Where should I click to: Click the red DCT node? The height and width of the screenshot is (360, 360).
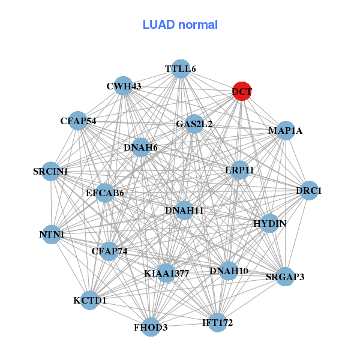click(242, 91)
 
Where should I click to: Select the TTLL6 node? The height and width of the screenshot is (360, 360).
click(181, 69)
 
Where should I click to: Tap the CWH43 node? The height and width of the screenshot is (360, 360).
click(123, 86)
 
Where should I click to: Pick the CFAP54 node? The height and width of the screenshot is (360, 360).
click(78, 121)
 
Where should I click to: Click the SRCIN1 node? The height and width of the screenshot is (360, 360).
click(52, 172)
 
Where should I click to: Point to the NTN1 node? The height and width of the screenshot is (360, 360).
click(52, 234)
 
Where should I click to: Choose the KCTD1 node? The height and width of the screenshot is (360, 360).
click(89, 299)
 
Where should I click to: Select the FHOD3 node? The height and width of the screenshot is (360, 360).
click(151, 327)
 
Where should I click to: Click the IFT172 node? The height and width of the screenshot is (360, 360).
click(217, 323)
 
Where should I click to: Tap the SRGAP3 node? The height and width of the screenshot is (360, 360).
click(285, 277)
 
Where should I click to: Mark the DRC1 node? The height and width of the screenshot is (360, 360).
click(309, 191)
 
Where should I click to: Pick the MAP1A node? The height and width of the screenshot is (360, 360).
click(285, 130)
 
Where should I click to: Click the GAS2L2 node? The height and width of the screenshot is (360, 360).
click(194, 124)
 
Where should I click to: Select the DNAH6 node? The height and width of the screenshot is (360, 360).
click(140, 147)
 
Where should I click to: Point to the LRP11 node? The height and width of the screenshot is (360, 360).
click(240, 170)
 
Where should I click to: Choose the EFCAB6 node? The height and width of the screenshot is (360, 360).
click(105, 193)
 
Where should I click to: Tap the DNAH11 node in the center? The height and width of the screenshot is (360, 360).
click(185, 210)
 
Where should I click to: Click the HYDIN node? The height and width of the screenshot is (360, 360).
click(269, 224)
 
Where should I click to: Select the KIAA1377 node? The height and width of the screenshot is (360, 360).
click(167, 273)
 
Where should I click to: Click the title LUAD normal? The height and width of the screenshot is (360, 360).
click(180, 25)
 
